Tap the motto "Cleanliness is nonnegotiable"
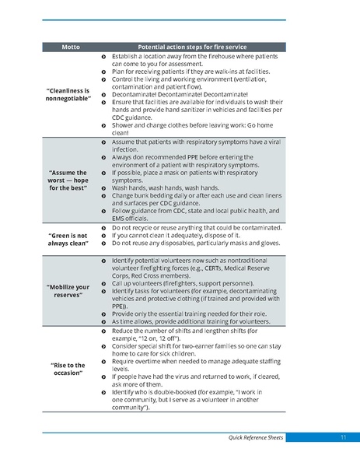click(68, 96)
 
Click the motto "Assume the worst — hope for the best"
click(68, 180)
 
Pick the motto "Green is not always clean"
click(68, 239)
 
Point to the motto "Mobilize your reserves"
click(68, 291)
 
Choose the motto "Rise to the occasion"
click(68, 368)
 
